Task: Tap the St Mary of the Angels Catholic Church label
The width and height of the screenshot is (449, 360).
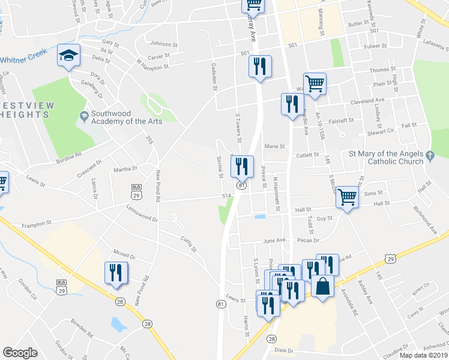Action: [386, 157]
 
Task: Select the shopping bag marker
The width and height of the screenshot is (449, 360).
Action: [322, 287]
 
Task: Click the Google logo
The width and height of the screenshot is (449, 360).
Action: [20, 353]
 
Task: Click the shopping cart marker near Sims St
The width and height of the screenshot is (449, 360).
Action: [347, 196]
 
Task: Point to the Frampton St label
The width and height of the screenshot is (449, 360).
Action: [36, 224]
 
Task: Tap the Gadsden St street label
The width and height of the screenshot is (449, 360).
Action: [213, 76]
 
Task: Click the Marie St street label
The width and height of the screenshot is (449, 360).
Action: [273, 146]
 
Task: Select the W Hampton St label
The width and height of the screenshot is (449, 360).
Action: [152, 64]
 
